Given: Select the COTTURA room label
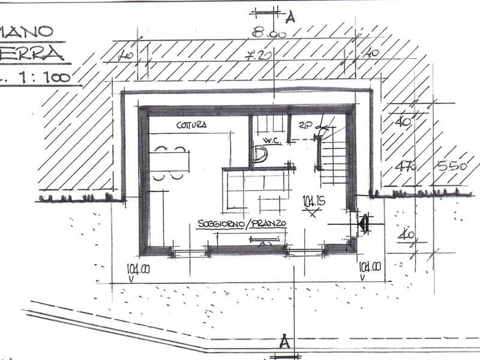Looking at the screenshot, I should pyautogui.click(x=192, y=125).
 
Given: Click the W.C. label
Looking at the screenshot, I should pyautogui.click(x=266, y=142).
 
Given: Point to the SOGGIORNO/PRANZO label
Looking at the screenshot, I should pyautogui.click(x=241, y=223).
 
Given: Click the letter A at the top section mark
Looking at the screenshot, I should pyautogui.click(x=290, y=17).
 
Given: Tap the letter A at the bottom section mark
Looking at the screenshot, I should pyautogui.click(x=285, y=343).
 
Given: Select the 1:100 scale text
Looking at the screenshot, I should pyautogui.click(x=45, y=77).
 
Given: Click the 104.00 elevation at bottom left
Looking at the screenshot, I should pyautogui.click(x=138, y=268).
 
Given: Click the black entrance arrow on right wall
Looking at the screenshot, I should pyautogui.click(x=362, y=224).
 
